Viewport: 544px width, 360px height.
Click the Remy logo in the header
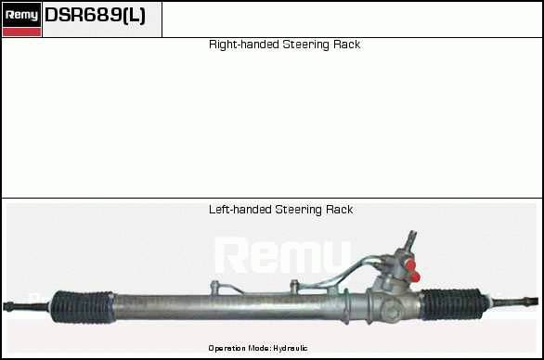tap(21, 15)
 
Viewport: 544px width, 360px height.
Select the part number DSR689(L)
tap(95, 15)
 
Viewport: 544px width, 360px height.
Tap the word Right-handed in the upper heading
tap(244, 45)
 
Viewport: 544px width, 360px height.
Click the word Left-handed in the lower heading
tap(240, 210)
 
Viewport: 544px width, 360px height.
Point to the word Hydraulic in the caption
tap(290, 348)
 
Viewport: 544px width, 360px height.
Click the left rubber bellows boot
tap(83, 307)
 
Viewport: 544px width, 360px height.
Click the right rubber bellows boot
tap(454, 304)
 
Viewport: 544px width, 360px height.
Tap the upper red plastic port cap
tap(410, 265)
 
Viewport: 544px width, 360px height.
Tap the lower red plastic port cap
tap(414, 276)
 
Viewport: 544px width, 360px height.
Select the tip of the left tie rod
tap(5, 306)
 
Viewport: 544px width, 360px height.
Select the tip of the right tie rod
tap(537, 301)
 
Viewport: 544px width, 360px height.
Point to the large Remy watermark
tap(283, 255)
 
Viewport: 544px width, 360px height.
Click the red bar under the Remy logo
tap(21, 32)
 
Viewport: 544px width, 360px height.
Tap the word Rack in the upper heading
tap(346, 45)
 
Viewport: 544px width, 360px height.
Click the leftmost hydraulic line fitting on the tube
tap(215, 288)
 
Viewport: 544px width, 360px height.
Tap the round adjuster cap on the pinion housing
tap(392, 310)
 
